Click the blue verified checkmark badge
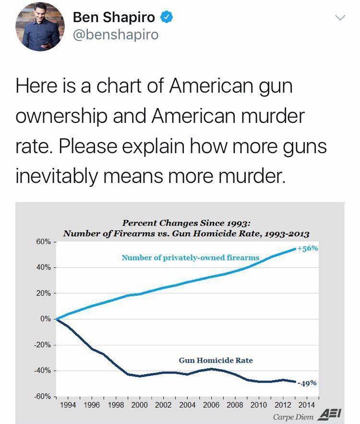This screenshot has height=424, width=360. point(166,18)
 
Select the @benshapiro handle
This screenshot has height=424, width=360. point(115,35)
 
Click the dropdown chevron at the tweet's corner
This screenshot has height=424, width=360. point(340,18)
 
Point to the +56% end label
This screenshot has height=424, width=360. point(307,249)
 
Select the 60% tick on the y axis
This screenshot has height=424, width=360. point(43,242)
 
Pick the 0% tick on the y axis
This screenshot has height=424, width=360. point(45,319)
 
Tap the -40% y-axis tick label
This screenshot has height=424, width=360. point(42,370)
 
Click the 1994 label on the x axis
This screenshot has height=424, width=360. point(68,405)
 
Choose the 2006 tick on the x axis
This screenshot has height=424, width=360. point(211,405)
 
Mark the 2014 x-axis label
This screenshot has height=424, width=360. point(306,405)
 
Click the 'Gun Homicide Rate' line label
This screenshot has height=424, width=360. point(216,360)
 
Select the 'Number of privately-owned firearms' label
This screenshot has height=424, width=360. point(190,258)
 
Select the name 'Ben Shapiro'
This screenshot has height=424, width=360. point(114,18)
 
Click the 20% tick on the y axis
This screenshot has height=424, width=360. point(43,293)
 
